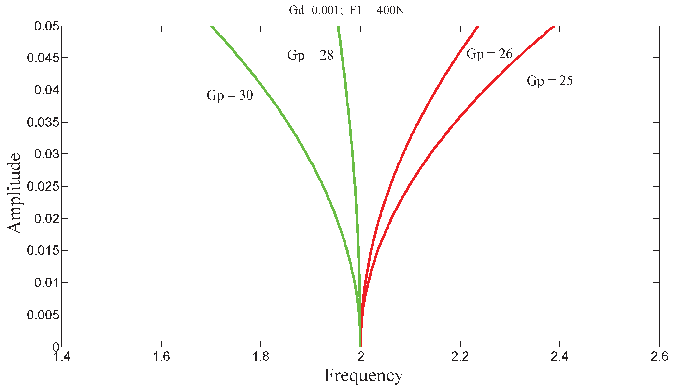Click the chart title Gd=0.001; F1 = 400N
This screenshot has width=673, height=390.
[x=346, y=10]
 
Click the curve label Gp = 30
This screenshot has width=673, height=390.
[x=230, y=95]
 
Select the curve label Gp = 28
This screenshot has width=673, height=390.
[x=310, y=55]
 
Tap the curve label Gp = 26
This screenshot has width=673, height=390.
[x=489, y=54]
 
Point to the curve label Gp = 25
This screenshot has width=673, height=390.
[x=550, y=81]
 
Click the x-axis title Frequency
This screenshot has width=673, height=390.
[x=363, y=375]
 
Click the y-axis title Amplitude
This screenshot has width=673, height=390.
[x=14, y=193]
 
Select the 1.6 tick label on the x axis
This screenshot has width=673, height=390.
[x=161, y=357]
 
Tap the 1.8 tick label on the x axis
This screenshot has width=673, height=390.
[x=261, y=357]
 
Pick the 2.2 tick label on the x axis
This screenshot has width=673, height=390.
[x=460, y=357]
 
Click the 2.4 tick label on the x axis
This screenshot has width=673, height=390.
[x=559, y=357]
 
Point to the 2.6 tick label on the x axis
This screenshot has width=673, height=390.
[x=659, y=357]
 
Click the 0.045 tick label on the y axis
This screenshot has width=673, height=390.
[x=43, y=58]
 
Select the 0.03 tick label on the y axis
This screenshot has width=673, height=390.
[x=46, y=154]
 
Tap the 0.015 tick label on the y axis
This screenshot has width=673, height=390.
[x=43, y=251]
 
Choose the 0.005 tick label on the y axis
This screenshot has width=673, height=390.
[x=43, y=315]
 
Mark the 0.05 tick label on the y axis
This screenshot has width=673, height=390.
[x=46, y=26]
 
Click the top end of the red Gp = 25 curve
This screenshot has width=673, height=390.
[x=554, y=27]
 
